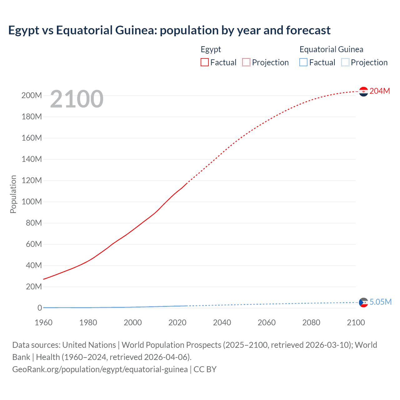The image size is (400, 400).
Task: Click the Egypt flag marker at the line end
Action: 363,92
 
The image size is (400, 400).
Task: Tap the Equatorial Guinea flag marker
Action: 363,302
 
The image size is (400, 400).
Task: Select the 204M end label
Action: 380,91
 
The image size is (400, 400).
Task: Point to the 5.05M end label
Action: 380,302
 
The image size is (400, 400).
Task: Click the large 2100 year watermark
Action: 77,99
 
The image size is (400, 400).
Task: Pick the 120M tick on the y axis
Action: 32,181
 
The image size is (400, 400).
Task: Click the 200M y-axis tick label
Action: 32,96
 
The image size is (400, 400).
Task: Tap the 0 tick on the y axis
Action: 40,308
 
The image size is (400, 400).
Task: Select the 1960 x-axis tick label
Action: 43,322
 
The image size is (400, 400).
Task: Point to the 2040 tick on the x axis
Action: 222,322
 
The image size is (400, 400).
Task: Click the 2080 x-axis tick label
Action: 311,322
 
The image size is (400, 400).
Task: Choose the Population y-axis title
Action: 13,194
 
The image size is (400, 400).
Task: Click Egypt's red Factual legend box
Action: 205,62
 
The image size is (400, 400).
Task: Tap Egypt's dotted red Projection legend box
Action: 246,62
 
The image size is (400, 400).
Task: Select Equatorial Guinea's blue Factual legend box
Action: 303,62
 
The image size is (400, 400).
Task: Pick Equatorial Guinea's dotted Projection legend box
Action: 345,62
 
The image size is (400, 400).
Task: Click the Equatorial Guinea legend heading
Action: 331,49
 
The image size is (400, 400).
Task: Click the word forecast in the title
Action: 308,30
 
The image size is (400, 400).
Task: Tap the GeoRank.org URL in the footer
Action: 100,369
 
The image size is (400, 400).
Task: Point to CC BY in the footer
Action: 205,369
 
